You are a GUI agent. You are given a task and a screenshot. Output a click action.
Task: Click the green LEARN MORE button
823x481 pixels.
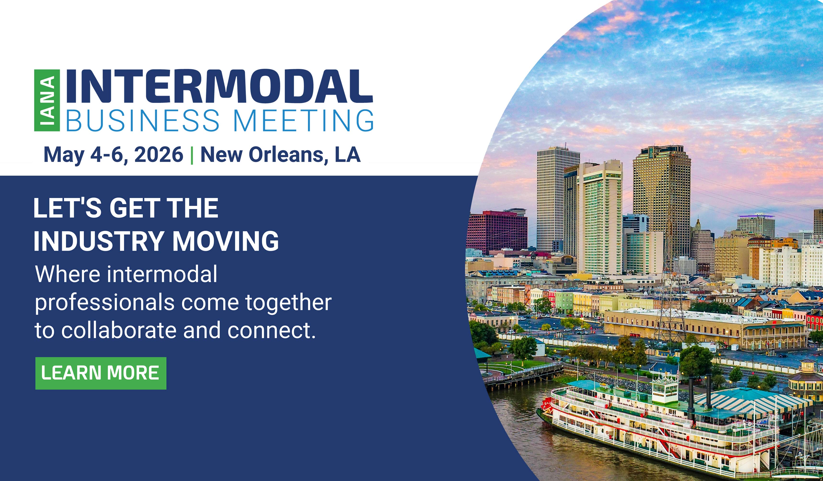coord(101,373)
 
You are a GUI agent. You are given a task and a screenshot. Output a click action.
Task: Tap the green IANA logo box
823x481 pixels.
coord(47,100)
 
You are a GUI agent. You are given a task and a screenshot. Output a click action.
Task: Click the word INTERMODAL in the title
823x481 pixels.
coord(220,87)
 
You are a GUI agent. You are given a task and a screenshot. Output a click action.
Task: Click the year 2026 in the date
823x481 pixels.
coord(159,155)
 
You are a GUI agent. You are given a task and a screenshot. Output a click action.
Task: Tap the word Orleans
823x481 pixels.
coord(286,155)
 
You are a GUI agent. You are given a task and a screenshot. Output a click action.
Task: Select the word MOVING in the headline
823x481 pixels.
coord(226,241)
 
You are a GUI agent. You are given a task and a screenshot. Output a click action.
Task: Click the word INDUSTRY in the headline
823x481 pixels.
coord(99,241)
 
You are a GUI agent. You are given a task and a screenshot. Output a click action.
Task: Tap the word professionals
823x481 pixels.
coord(104,303)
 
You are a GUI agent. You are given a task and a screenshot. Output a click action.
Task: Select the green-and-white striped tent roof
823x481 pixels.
coord(751,404)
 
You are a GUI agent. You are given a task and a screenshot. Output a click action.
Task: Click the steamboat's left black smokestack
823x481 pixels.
coord(691,395)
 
